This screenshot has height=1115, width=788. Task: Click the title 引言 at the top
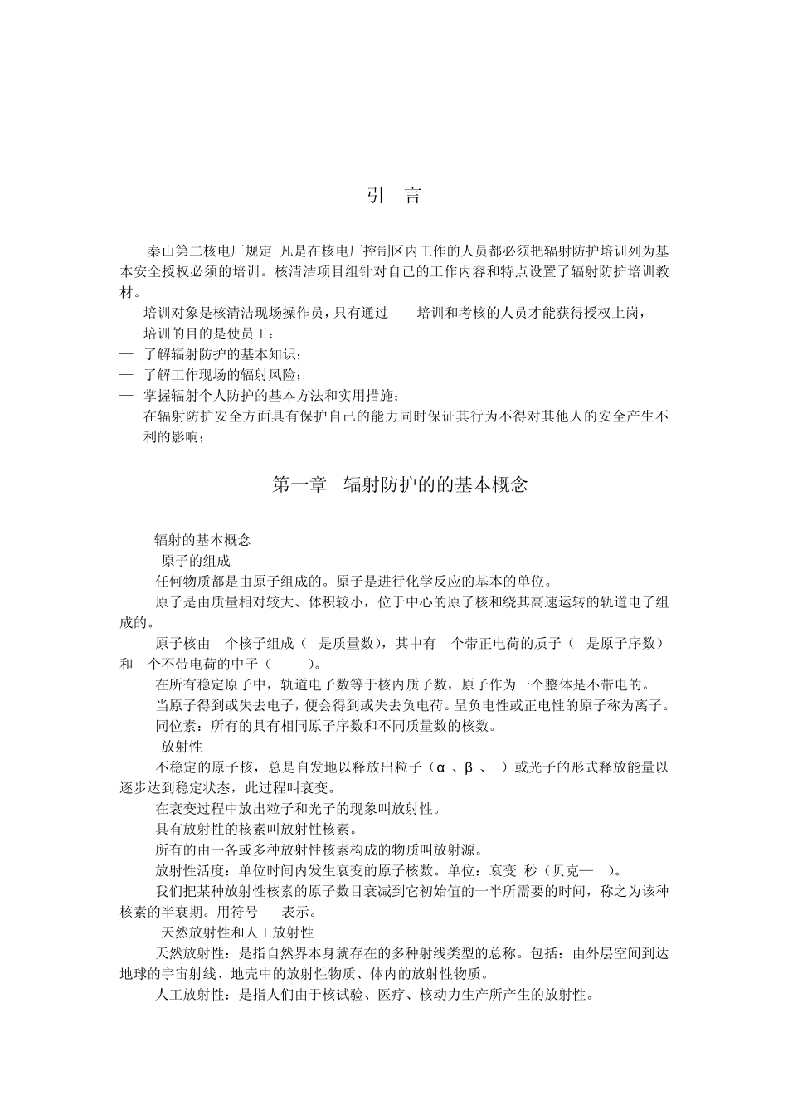coord(394,197)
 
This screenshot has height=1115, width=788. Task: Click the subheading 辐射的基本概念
coord(202,540)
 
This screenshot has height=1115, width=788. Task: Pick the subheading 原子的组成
coord(197,561)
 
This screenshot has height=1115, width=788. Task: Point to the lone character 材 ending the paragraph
coord(126,292)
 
